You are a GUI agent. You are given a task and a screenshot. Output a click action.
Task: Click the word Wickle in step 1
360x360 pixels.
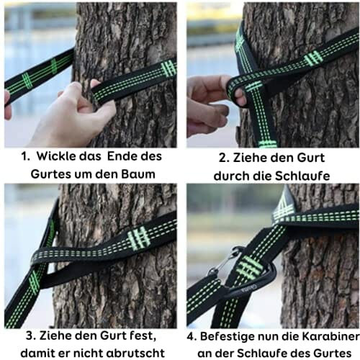[x=56, y=156]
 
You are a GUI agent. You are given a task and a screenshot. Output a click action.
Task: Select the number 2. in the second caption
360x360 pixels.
[x=224, y=158]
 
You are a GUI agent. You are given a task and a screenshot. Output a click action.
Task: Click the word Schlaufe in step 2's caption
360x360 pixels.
[x=302, y=176]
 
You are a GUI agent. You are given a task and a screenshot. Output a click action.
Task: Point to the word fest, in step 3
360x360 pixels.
[x=143, y=336]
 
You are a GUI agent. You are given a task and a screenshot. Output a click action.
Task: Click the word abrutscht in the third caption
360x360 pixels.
[x=135, y=353]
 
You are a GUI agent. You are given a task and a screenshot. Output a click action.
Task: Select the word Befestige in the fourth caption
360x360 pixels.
[x=228, y=336]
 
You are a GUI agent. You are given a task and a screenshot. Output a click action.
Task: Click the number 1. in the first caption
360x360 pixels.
[x=25, y=156]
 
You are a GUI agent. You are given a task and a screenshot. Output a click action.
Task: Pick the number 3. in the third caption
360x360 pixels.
[x=31, y=336]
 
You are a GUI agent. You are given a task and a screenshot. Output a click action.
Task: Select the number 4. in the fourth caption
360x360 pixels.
[x=192, y=336]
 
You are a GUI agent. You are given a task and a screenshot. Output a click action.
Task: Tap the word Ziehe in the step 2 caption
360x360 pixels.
[x=248, y=158]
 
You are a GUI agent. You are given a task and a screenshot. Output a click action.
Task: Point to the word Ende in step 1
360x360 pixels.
[x=120, y=156]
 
